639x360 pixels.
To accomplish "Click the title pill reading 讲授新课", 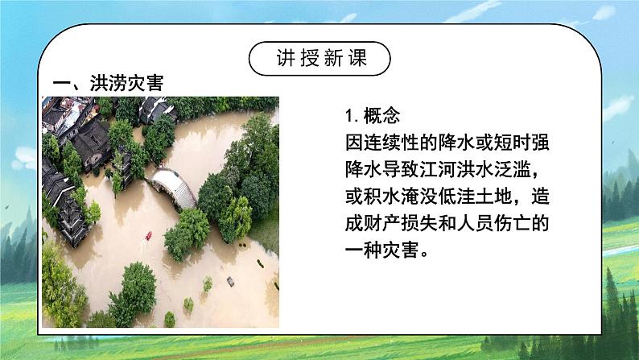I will tap(319, 60).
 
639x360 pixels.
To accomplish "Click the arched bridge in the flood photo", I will tap(175, 187).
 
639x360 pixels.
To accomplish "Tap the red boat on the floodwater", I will tap(148, 236).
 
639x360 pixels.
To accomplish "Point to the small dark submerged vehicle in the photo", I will tap(230, 281).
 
